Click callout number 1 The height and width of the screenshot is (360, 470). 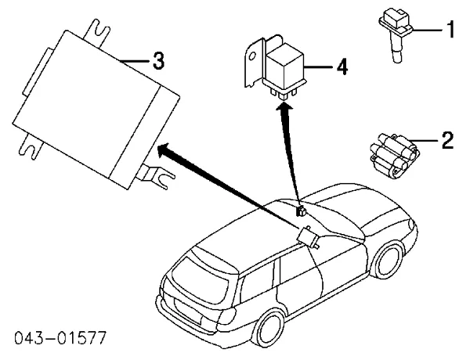coord(450,31)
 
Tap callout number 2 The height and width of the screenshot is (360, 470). coord(446,140)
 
